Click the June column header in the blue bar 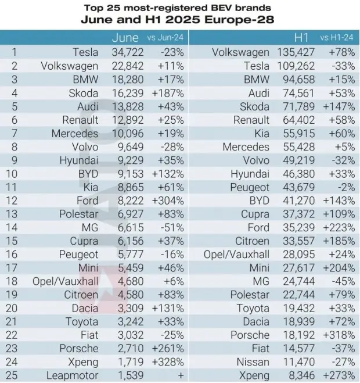pos(125,38)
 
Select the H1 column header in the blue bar pos(301,38)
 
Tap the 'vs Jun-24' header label pos(165,38)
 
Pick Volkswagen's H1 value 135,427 pos(301,52)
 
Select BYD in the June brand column pos(87,173)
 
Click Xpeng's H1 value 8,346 pos(305,375)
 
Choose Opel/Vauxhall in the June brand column pos(64,281)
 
